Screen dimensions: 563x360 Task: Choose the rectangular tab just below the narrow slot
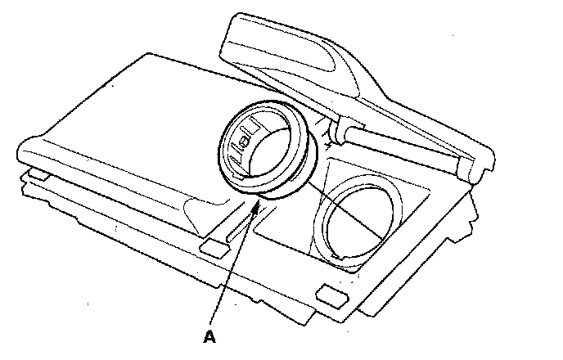pos(215,245)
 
